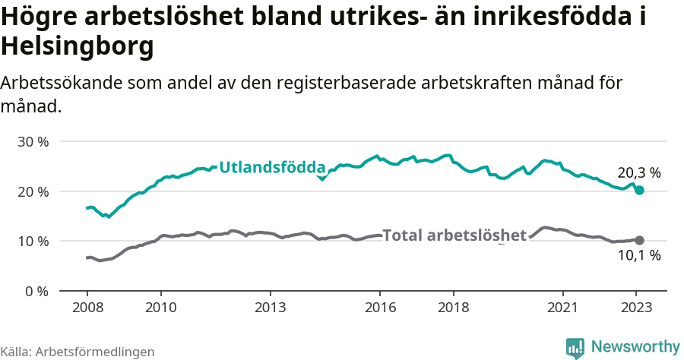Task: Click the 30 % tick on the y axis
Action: (x=33, y=142)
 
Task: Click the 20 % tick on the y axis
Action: (x=33, y=191)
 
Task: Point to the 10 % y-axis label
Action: (x=33, y=242)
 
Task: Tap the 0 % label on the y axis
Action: (x=36, y=291)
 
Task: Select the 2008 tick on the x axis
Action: (x=87, y=308)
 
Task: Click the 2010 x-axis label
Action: (x=160, y=308)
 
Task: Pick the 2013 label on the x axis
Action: (x=270, y=308)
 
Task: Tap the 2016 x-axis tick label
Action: (x=380, y=308)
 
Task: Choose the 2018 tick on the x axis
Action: (x=454, y=308)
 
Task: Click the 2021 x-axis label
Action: (x=563, y=308)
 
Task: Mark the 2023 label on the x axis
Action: (x=637, y=308)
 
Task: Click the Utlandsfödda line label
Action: (x=272, y=167)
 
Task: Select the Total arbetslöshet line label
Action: (x=454, y=235)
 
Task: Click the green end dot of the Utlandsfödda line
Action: (x=639, y=190)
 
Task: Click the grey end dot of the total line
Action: (x=639, y=240)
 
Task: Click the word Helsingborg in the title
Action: (x=78, y=47)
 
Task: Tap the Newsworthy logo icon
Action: (x=575, y=348)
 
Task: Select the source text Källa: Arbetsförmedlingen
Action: (x=78, y=352)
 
